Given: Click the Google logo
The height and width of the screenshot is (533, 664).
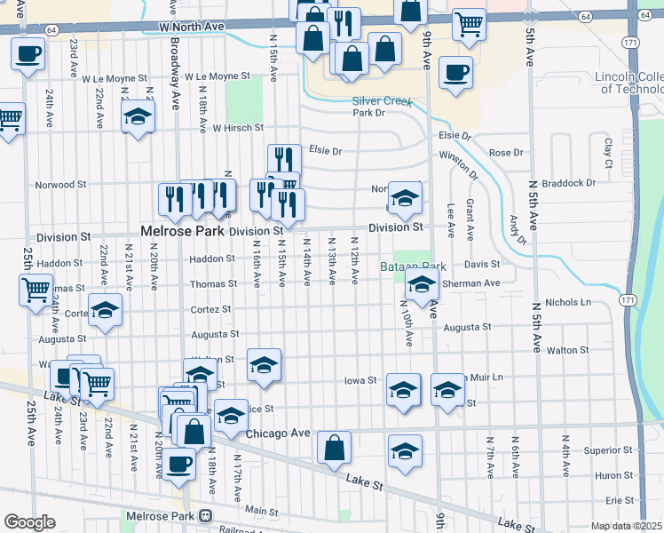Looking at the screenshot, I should (29, 522).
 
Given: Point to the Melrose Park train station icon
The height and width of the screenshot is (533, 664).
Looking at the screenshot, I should (206, 515).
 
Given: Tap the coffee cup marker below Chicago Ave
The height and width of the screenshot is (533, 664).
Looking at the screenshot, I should (179, 463).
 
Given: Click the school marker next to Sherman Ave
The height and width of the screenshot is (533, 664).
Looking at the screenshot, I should (423, 287).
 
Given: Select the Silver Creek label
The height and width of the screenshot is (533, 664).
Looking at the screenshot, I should (382, 100).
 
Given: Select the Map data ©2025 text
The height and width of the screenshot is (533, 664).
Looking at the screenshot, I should (626, 526).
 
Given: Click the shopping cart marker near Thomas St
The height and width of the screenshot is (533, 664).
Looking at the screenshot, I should (36, 290).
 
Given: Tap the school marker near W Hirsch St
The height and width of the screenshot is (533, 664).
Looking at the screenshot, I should (138, 118).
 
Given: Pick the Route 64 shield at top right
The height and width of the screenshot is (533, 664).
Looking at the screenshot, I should (585, 16).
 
